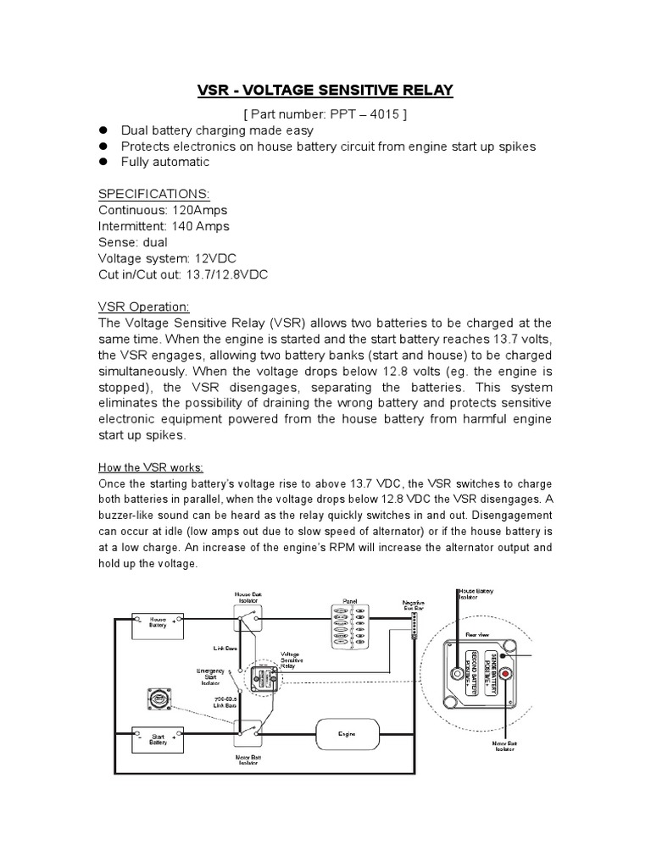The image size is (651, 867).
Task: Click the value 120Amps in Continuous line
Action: [198, 210]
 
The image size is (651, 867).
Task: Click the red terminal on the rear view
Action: [506, 674]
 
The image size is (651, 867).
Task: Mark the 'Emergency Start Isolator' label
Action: [209, 678]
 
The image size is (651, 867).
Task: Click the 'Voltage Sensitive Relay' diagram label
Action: [290, 659]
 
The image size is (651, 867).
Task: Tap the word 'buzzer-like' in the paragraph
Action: [131, 516]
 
